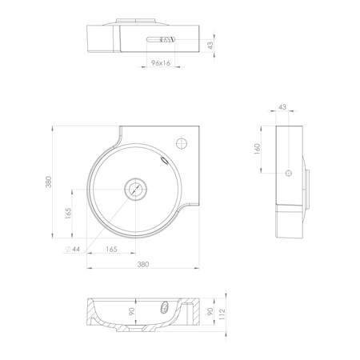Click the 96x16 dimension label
click(x=161, y=63)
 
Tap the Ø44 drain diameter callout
click(x=73, y=249)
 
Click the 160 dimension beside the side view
click(x=258, y=150)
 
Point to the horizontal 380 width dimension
click(x=143, y=264)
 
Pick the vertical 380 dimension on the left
click(x=49, y=182)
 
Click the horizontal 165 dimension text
click(x=111, y=249)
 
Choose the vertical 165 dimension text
click(x=69, y=214)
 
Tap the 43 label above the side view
click(x=282, y=107)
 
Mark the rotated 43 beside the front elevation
click(x=210, y=46)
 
